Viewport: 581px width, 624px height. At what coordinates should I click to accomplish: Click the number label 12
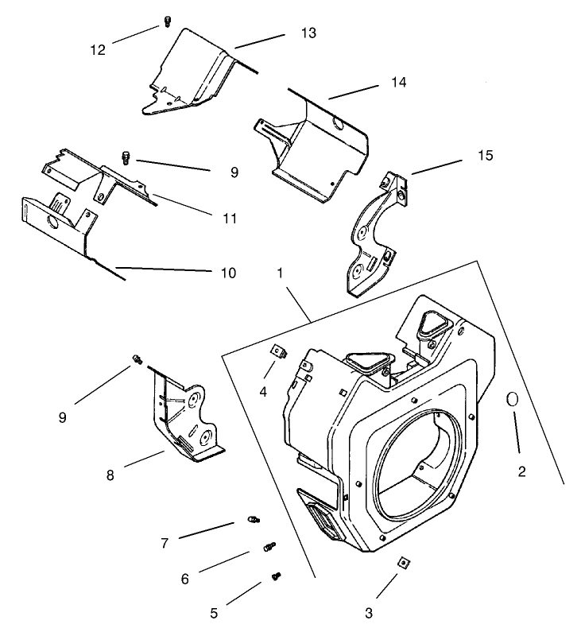(x=97, y=49)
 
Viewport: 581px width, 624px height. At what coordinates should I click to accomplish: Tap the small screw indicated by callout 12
(x=167, y=21)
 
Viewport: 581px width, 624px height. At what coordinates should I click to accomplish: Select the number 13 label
(x=308, y=33)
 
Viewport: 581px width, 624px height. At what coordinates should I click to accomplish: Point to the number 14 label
(x=398, y=82)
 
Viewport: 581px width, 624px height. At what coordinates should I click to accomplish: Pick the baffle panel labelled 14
(x=314, y=143)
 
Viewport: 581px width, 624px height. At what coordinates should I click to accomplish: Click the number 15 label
(x=484, y=154)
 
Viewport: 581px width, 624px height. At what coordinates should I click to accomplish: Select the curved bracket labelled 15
(x=372, y=238)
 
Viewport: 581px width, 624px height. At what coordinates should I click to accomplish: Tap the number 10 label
(x=228, y=273)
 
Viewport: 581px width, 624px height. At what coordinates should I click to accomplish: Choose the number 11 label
(x=230, y=218)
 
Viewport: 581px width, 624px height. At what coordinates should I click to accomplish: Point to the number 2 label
(x=521, y=471)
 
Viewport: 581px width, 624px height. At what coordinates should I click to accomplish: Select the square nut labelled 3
(x=405, y=563)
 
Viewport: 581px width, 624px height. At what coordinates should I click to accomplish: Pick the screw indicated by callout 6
(x=269, y=546)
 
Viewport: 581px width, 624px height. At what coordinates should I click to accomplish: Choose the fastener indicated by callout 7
(x=252, y=520)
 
